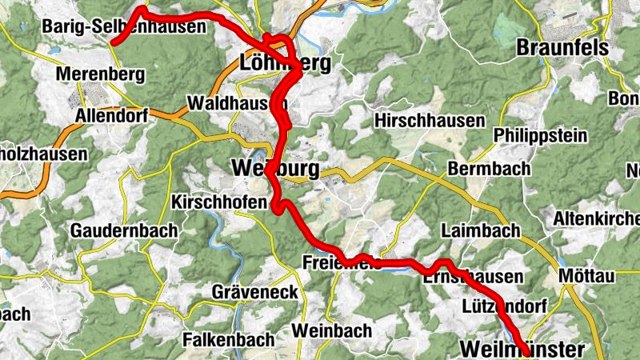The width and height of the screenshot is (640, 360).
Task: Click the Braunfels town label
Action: coord(562,48)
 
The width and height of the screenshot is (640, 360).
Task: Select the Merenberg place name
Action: coord(101,75)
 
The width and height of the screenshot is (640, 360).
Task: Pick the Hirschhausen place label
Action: coord(430,121)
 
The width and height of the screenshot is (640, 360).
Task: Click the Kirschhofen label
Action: coord(218,203)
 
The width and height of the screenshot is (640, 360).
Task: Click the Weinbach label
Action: coord(332,330)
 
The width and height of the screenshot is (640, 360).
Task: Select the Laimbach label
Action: coord(481,231)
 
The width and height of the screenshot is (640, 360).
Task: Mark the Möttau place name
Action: coord(586,276)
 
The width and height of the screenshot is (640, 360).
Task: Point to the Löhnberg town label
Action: coord(285,63)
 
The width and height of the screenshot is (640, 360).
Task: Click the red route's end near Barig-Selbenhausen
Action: coord(114,42)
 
